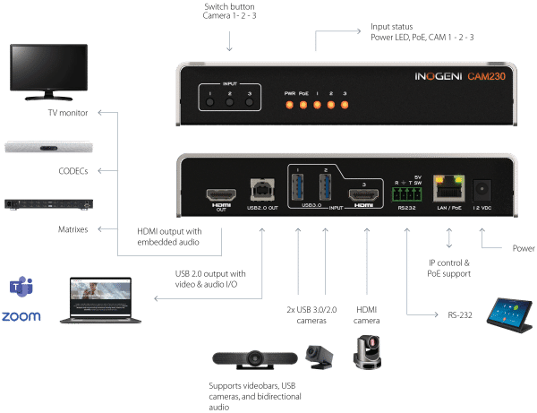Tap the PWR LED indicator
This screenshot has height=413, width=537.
[289, 105]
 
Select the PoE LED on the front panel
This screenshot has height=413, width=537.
[303, 105]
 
